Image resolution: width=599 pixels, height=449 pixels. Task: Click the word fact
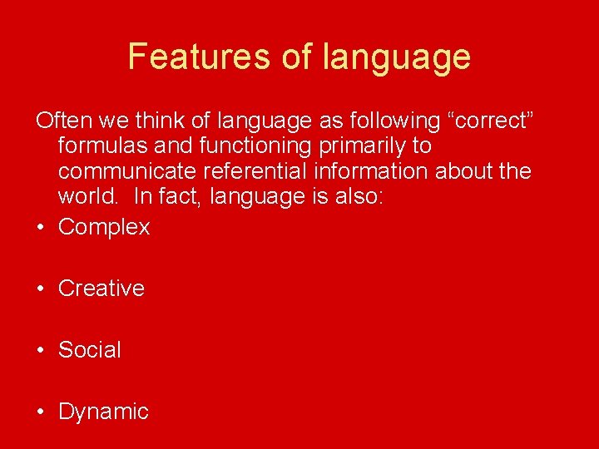click(x=179, y=198)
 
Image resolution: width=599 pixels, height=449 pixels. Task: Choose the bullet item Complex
click(x=104, y=227)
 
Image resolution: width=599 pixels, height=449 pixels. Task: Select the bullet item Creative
click(x=101, y=289)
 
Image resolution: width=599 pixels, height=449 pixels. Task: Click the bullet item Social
click(x=90, y=350)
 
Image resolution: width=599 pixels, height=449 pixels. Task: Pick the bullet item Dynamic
click(x=103, y=412)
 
